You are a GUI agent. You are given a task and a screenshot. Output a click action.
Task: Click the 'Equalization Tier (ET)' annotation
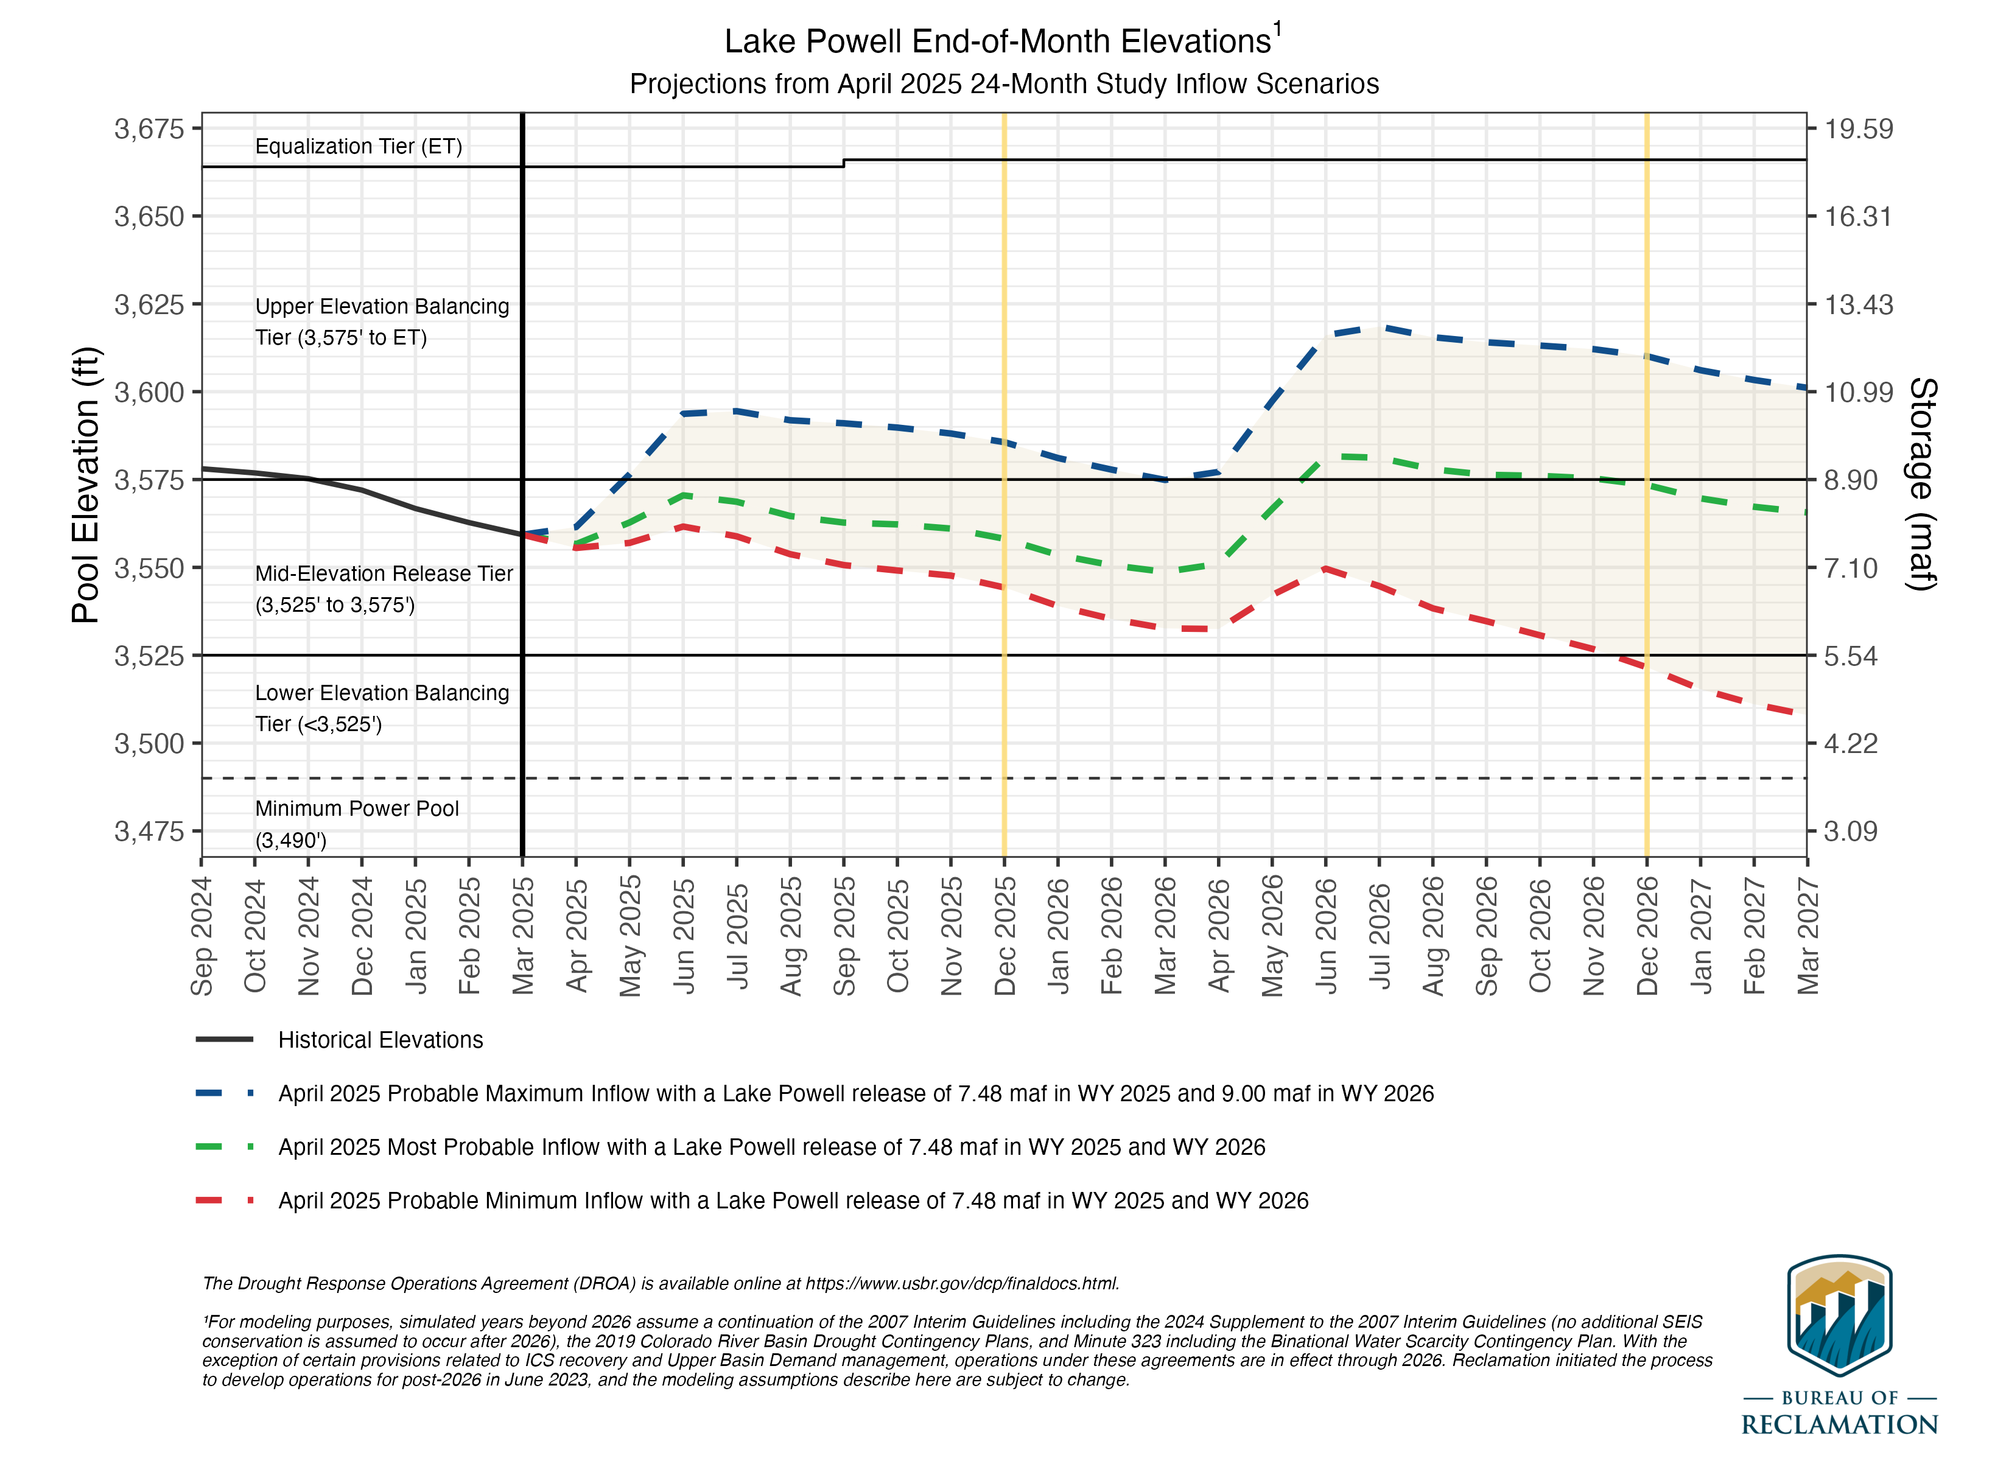[x=359, y=146]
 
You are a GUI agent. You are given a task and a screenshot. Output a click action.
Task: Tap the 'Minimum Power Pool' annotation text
[x=357, y=808]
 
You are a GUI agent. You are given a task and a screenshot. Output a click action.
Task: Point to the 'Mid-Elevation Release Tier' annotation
[x=384, y=573]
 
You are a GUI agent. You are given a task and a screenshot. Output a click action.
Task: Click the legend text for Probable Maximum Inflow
[x=856, y=1093]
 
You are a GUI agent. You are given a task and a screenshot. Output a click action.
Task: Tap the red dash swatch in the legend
[x=223, y=1200]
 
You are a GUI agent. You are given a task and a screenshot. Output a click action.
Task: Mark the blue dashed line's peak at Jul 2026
[x=1379, y=327]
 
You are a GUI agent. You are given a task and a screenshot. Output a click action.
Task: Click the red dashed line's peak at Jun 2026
[x=1326, y=568]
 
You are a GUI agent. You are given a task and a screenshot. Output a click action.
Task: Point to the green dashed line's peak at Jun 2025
[x=683, y=494]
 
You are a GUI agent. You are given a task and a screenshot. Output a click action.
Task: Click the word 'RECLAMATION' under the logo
[x=1839, y=1424]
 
